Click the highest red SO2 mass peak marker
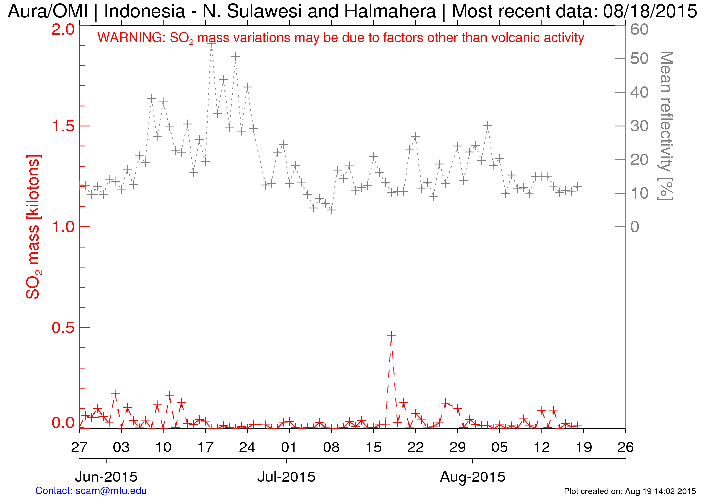[x=391, y=335]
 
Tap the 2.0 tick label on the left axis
[x=63, y=29]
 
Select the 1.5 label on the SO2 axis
[x=63, y=126]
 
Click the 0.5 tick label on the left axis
[x=63, y=328]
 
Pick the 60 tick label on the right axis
[x=639, y=29]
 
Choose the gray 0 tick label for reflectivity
[x=635, y=227]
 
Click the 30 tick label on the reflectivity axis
[x=639, y=126]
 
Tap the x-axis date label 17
[x=205, y=447]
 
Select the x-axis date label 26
[x=625, y=447]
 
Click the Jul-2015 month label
[x=286, y=477]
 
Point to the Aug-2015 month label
[x=472, y=477]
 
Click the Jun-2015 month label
[x=106, y=477]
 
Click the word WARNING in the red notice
[x=131, y=38]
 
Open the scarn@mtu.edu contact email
[x=111, y=491]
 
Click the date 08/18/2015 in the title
[x=650, y=11]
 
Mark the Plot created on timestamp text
[x=630, y=491]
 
